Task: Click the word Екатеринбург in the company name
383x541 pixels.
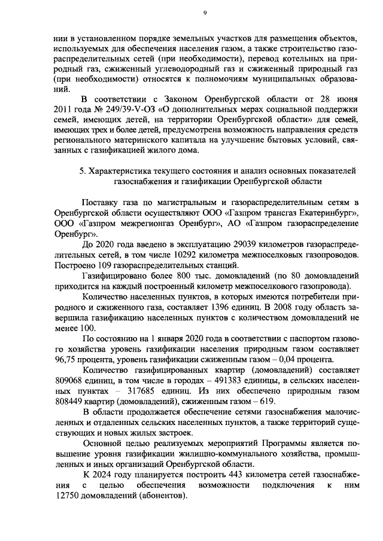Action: (326, 213)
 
